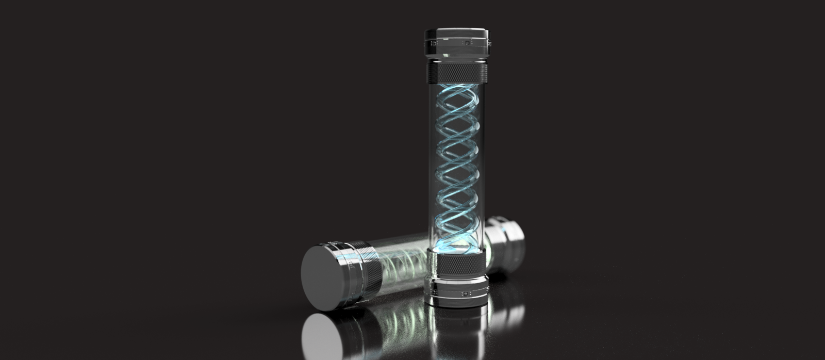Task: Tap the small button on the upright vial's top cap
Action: tap(467, 44)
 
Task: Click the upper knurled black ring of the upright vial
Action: tap(457, 73)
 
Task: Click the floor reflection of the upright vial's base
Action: tap(456, 330)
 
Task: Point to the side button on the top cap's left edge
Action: tap(426, 43)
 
